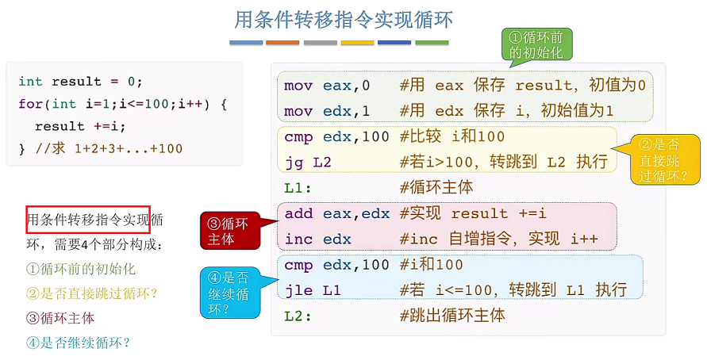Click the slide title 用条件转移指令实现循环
coord(344,18)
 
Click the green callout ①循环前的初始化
coord(536,45)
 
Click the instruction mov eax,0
coord(327,86)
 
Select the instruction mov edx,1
coord(327,110)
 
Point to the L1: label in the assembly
coord(298,188)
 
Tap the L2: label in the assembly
coord(298,316)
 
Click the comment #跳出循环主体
coord(452,316)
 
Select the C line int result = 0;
coord(79,82)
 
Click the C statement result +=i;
coord(80,126)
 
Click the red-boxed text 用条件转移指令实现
coord(87,220)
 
